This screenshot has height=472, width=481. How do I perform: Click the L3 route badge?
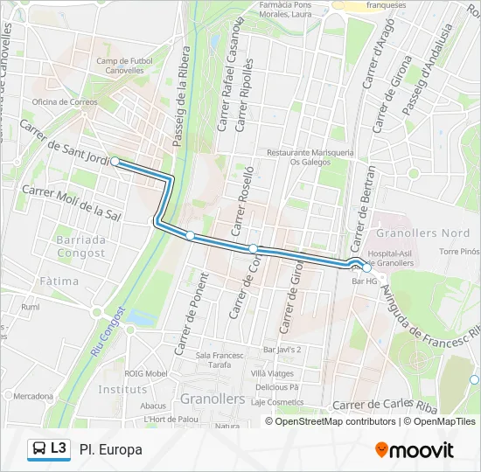coord(49,449)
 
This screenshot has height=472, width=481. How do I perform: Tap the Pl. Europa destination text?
coord(110,449)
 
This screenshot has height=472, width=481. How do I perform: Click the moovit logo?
coord(415,450)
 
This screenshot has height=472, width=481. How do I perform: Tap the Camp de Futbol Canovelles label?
coord(124,66)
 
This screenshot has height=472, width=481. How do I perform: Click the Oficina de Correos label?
coord(65,101)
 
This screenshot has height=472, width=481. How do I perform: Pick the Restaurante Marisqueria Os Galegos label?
coord(310,156)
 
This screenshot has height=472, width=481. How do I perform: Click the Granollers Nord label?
coord(422,233)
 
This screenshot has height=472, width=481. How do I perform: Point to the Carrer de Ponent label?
coord(192,313)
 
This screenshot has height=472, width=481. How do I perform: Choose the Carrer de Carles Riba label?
coord(384,405)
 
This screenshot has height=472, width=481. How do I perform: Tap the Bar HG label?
coord(364,281)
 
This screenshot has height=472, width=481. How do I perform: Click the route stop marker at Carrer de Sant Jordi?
coord(115,162)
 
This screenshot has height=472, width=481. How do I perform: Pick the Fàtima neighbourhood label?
coord(59,281)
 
